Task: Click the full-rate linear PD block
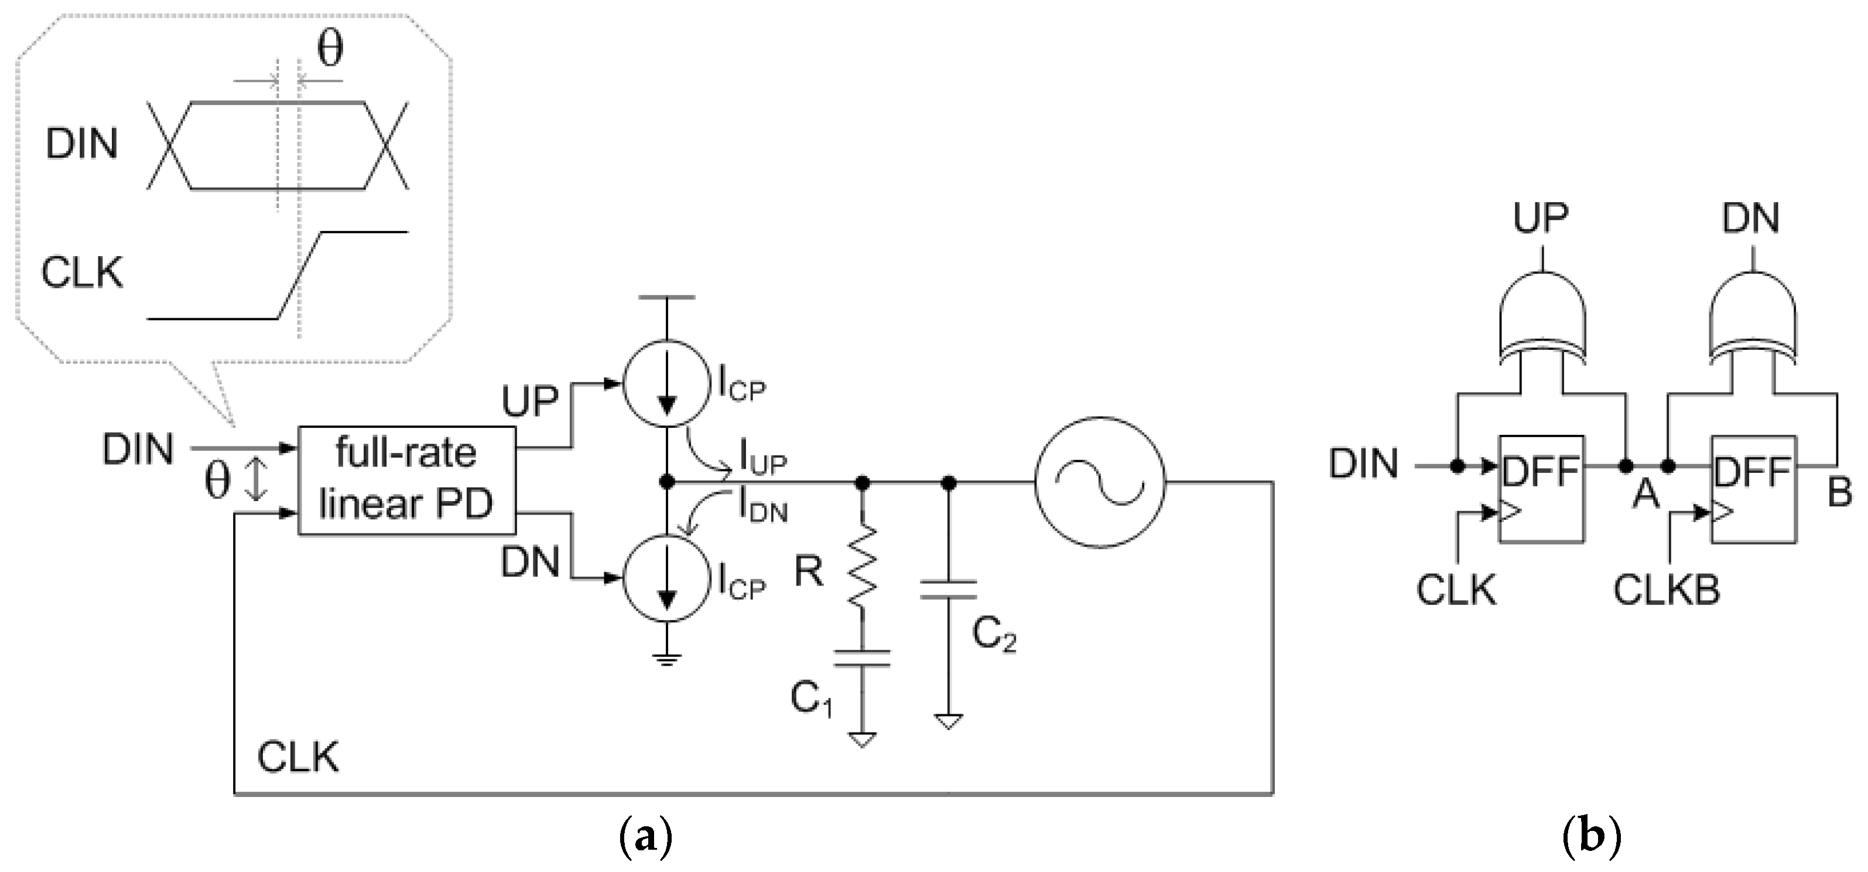pyautogui.click(x=406, y=479)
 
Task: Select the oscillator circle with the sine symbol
pyautogui.click(x=1099, y=482)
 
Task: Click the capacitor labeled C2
pyautogui.click(x=948, y=589)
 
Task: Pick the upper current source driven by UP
pyautogui.click(x=666, y=384)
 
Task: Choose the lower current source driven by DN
pyautogui.click(x=666, y=578)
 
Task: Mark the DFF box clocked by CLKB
pyautogui.click(x=1753, y=488)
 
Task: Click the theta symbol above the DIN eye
pyautogui.click(x=330, y=51)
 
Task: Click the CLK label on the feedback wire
pyautogui.click(x=297, y=759)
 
